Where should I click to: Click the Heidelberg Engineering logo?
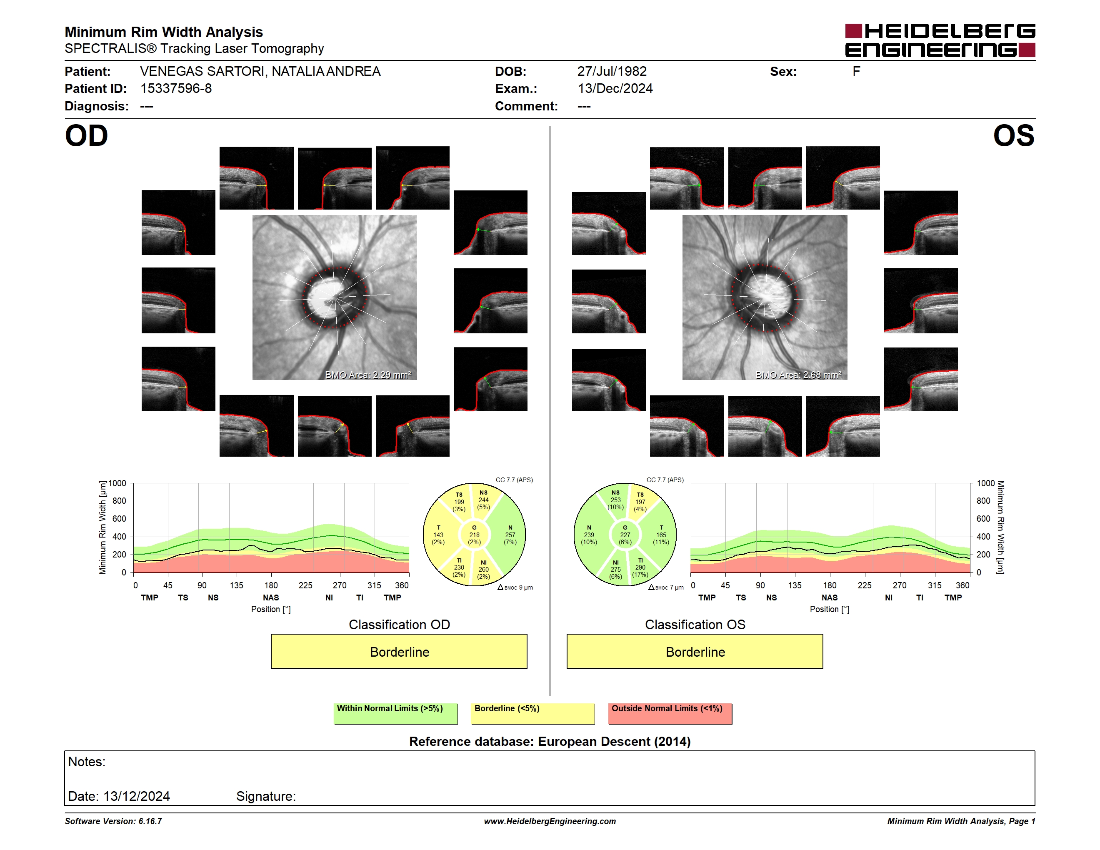[940, 40]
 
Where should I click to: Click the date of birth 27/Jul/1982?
[612, 72]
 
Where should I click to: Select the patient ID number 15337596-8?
[176, 89]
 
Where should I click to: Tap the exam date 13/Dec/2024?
[615, 89]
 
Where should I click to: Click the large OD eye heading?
[87, 136]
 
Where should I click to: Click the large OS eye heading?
[1013, 136]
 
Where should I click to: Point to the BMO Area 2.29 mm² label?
[368, 375]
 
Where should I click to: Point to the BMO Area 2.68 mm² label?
[798, 375]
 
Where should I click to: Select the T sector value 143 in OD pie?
[438, 535]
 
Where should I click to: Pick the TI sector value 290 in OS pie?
[640, 567]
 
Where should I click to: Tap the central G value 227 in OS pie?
[625, 535]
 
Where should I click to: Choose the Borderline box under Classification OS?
[695, 652]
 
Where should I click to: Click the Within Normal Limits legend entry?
[395, 713]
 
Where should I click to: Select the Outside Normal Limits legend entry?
[670, 713]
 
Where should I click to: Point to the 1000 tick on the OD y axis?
[117, 483]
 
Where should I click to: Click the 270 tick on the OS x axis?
[900, 585]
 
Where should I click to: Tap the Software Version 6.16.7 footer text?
[113, 821]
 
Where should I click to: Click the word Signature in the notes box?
[266, 796]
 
